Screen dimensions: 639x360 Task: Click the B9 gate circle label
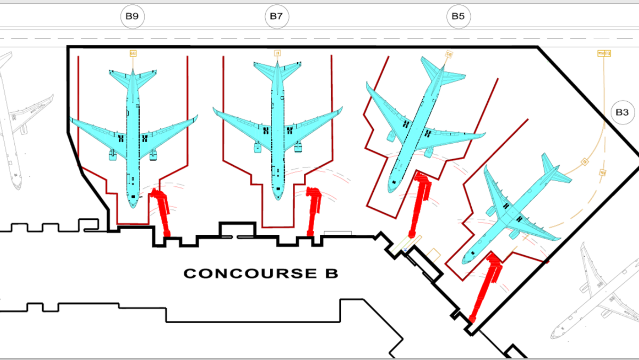[132, 17]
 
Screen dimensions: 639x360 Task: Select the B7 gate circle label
[275, 17]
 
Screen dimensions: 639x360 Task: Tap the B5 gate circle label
[458, 17]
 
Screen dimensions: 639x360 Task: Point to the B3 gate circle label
[622, 113]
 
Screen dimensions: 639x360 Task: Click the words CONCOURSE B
[261, 274]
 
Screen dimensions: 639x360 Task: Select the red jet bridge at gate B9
[161, 211]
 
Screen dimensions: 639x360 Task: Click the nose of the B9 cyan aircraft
[133, 204]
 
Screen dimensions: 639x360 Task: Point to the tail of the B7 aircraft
[277, 69]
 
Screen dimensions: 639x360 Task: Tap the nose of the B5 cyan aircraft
[391, 190]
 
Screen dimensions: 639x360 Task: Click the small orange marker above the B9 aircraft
[133, 53]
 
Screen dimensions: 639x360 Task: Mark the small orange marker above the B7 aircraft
[277, 53]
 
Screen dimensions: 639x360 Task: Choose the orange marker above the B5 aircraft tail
[449, 54]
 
